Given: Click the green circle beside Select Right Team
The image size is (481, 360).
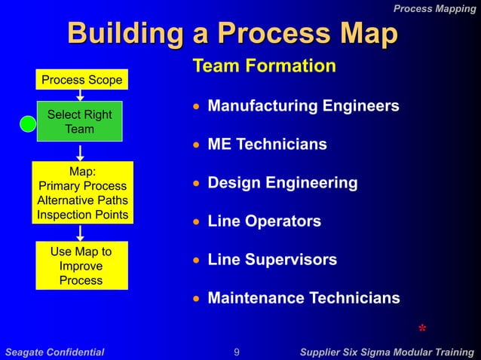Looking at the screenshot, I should click(28, 124).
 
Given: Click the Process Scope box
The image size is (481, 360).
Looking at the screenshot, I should click(81, 80).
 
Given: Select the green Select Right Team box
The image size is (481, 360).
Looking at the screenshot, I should click(80, 121).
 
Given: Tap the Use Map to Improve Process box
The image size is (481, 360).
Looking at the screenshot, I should click(81, 266).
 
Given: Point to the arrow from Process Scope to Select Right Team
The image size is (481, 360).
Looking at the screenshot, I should click(80, 95).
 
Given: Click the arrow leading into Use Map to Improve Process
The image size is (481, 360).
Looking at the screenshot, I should click(80, 233).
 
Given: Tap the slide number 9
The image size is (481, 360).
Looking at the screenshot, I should click(237, 352).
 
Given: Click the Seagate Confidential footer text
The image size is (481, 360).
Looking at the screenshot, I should click(55, 352).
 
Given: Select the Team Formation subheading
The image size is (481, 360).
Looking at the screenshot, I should click(265, 66).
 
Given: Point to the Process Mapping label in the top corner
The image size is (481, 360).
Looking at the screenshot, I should click(434, 8).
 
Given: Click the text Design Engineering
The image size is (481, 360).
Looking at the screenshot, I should click(282, 183).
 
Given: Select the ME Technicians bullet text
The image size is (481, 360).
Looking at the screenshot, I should click(267, 144).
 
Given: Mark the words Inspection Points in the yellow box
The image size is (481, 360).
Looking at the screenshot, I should click(82, 215).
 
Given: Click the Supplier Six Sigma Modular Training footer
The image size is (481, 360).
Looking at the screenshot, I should click(387, 352).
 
